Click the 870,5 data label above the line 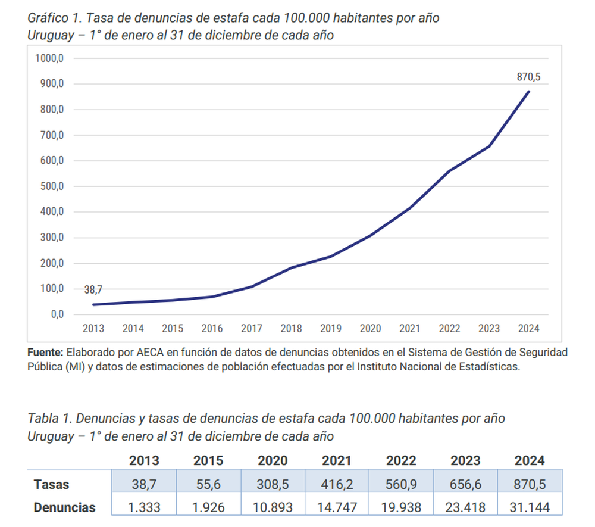point(529,77)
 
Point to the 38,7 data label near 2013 point(93,290)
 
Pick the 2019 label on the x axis point(331,328)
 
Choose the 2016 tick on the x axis point(212,328)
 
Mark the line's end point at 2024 point(529,91)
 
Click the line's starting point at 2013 point(93,304)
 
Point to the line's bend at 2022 point(450,171)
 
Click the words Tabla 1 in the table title point(48,419)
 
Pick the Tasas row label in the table point(51,484)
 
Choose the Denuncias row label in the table point(64,507)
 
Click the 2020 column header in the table point(273,460)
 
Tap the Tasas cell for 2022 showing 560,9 point(401,484)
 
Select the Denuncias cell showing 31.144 point(530,507)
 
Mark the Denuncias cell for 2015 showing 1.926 point(208,507)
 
